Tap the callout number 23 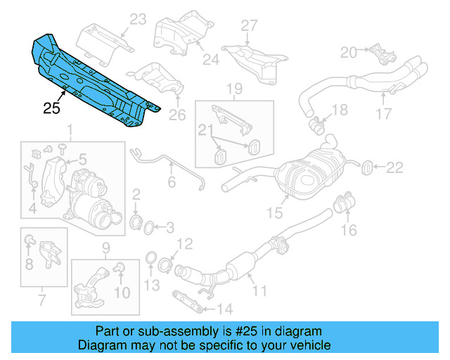coord(138,20)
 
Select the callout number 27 coord(250,26)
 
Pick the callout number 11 coord(260,289)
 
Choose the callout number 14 coord(224,308)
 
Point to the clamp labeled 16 coord(344,205)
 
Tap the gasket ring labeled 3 coord(149,226)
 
